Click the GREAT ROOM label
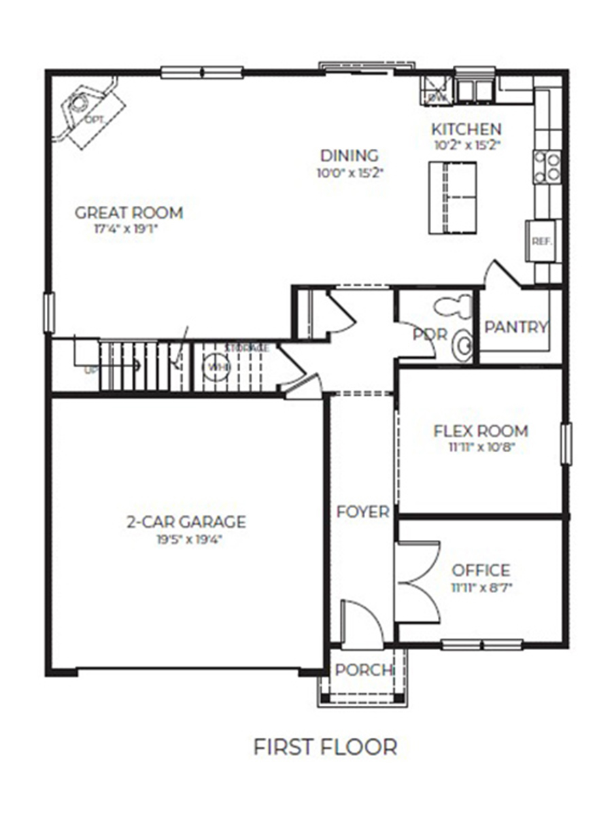tap(129, 212)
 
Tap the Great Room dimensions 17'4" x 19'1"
tap(129, 229)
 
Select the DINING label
tap(350, 156)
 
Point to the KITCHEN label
tap(466, 129)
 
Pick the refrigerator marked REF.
tap(542, 241)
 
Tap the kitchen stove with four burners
tap(547, 167)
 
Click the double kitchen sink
tap(475, 89)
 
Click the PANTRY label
tap(516, 327)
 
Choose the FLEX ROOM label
tap(481, 431)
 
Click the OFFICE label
tap(481, 570)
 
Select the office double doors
tap(416, 581)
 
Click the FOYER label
tap(362, 511)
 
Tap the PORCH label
tap(364, 670)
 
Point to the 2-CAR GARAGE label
tap(186, 522)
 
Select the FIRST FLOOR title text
tap(325, 747)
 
